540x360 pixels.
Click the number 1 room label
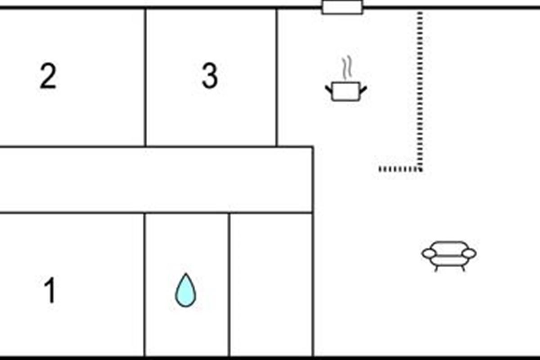coord(50,290)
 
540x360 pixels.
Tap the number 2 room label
coord(48,76)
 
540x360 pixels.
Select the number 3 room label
coord(209,76)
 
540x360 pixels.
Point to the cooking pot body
coord(346,91)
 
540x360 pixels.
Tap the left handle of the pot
coord(328,88)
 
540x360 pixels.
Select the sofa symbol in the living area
coord(449,255)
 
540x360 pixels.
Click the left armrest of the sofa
coord(429,254)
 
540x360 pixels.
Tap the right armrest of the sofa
coord(469,254)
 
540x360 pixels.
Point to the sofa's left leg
coord(436,268)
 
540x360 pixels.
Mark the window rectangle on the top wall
coord(342,7)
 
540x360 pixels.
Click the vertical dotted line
coord(419,90)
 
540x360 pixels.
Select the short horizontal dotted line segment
coord(399,169)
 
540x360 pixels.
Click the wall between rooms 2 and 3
coord(145,76)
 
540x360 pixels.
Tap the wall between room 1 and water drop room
coord(144,283)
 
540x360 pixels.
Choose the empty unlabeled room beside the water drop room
coord(271,283)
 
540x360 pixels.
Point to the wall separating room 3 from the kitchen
coord(277,76)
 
